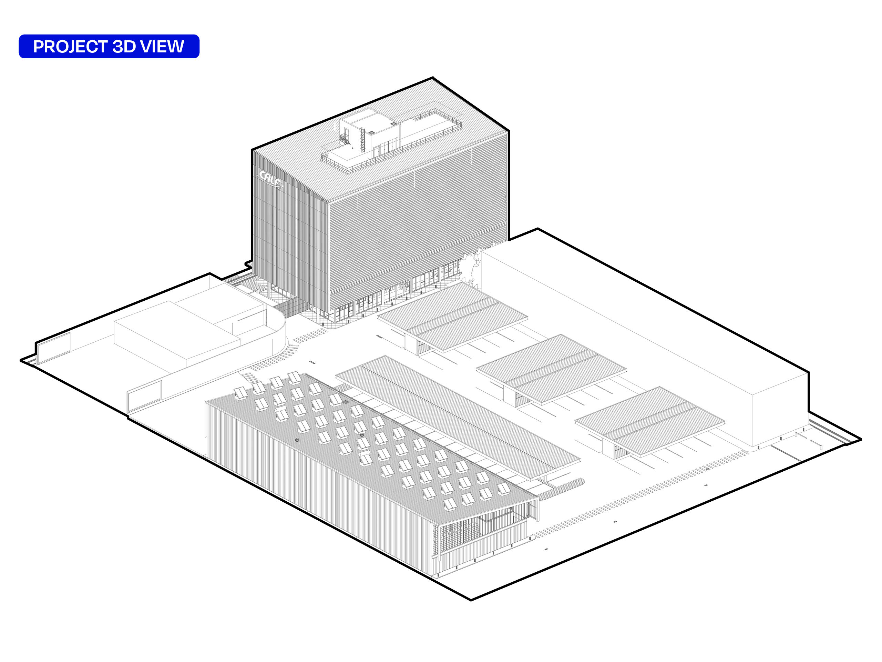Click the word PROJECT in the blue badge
[71, 47]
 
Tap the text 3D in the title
[124, 47]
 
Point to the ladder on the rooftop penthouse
[362, 140]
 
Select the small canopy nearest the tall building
[453, 317]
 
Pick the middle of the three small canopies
[552, 370]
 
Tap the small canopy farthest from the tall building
[649, 422]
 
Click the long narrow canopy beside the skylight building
[458, 417]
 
